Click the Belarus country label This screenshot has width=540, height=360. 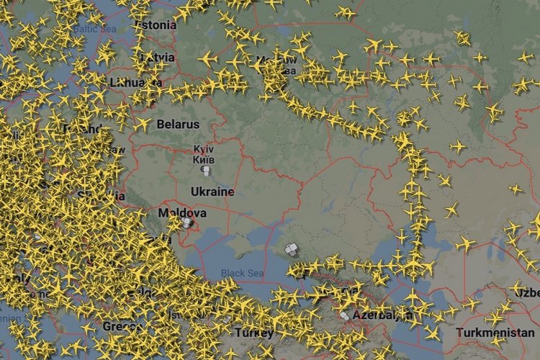(178, 125)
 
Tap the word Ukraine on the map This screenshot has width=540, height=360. (212, 192)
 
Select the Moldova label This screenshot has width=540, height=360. (182, 213)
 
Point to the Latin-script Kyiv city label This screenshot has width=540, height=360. (204, 149)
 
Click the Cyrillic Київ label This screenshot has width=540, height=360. (204, 159)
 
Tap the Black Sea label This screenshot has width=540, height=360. (242, 273)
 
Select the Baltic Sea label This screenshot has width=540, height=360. (94, 30)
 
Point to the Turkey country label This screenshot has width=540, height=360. (253, 333)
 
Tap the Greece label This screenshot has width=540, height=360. (122, 326)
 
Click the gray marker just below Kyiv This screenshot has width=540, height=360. (204, 171)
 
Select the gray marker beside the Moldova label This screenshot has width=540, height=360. (187, 224)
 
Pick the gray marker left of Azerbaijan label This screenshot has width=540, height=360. (346, 315)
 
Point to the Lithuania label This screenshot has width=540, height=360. (135, 83)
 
